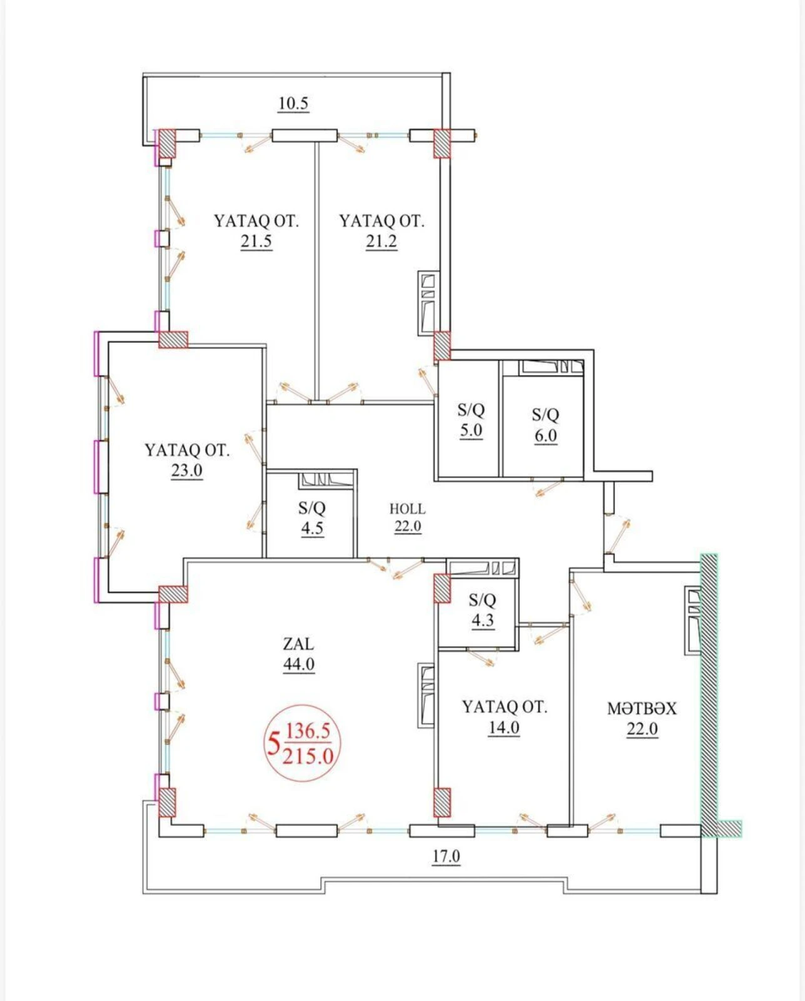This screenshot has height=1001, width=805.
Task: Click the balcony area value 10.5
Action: (293, 103)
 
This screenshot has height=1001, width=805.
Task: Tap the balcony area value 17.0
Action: (446, 856)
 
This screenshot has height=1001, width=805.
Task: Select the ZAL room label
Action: (298, 644)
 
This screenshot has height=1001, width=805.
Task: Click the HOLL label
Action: (407, 509)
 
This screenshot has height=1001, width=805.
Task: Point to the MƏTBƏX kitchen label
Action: (642, 709)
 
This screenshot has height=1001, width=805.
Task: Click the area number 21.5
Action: (256, 241)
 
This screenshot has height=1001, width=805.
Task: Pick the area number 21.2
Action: (381, 241)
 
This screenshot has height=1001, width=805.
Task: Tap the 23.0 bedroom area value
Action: (186, 470)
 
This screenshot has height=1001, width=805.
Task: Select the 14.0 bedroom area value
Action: (504, 728)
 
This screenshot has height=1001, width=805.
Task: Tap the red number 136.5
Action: (308, 731)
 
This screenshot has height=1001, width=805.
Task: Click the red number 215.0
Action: (308, 756)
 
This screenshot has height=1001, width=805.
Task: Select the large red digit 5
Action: (273, 744)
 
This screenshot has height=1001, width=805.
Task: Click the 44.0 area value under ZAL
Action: (298, 664)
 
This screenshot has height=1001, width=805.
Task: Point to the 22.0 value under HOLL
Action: (407, 527)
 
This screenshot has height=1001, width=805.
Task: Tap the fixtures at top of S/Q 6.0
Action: (552, 367)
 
